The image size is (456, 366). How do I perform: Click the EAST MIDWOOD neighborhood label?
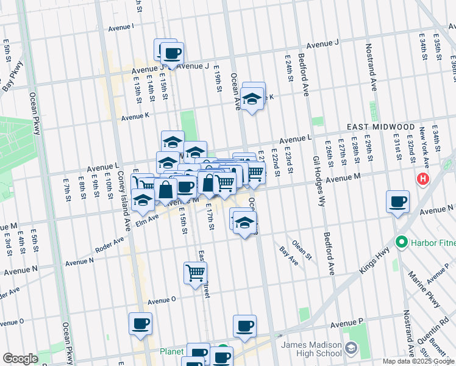pyautogui.click(x=380, y=126)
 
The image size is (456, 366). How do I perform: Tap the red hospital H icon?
pyautogui.click(x=422, y=179)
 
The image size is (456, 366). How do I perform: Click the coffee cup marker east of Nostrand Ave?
pyautogui.click(x=397, y=201)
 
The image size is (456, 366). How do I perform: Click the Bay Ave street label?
pyautogui.click(x=288, y=256)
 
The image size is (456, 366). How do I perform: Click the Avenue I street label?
pyautogui.click(x=121, y=27)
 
